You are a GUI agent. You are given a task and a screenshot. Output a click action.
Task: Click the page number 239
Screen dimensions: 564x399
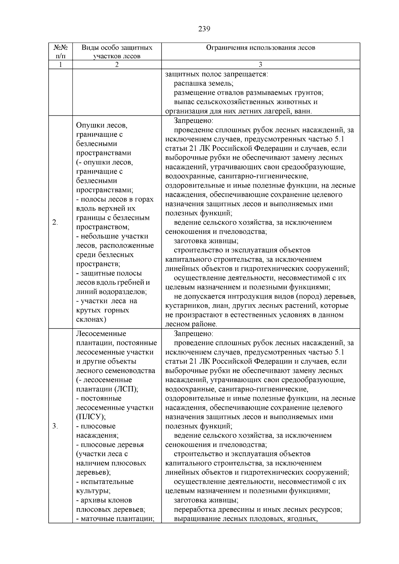(x=204, y=29)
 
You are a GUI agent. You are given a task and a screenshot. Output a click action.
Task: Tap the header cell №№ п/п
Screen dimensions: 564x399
(x=61, y=52)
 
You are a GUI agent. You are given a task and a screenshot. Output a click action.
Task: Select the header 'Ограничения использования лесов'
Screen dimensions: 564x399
(x=260, y=48)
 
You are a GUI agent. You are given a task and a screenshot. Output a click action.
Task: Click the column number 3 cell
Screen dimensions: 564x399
(x=260, y=65)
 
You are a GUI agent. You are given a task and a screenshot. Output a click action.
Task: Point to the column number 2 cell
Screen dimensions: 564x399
(x=117, y=65)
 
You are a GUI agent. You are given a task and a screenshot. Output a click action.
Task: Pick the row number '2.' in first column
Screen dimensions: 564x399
(x=55, y=222)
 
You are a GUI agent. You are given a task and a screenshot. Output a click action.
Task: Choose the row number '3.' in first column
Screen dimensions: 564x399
(x=55, y=426)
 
